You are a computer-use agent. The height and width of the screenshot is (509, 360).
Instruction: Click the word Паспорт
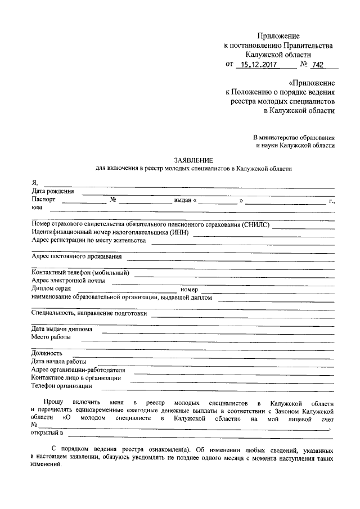(44, 200)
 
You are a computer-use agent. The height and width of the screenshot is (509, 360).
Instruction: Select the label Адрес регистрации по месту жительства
(89, 241)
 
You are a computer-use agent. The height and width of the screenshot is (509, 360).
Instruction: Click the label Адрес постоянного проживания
(77, 257)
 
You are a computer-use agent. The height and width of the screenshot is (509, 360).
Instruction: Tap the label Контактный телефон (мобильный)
(80, 273)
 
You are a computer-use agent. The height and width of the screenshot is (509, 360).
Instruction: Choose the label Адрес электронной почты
(68, 281)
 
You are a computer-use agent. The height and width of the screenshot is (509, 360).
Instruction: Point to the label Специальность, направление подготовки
(88, 313)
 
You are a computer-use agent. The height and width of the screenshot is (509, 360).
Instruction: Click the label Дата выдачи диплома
(62, 329)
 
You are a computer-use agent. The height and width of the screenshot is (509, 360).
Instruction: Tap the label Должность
(47, 353)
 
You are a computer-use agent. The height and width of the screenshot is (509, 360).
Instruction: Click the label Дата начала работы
(58, 361)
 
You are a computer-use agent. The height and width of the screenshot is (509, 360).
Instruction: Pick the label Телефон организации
(61, 386)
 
